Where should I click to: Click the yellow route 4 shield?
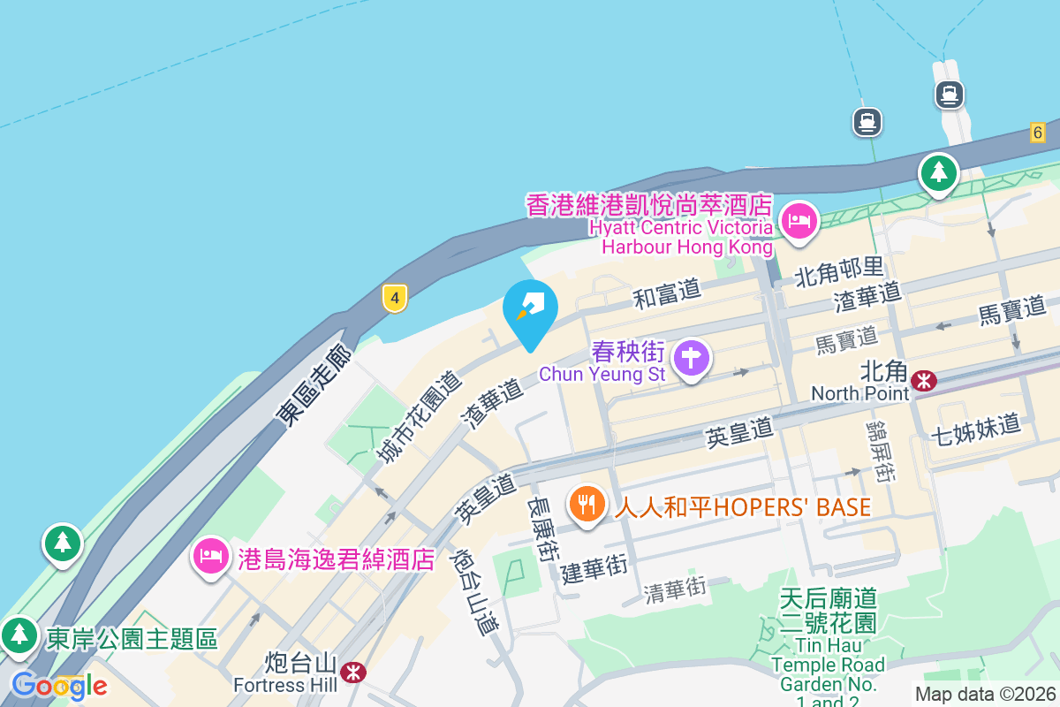395,299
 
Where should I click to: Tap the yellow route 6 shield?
1037,133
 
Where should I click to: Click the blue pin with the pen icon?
530,309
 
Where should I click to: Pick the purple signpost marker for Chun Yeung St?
692,359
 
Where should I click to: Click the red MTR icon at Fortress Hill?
353,673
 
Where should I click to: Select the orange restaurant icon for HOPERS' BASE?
586,505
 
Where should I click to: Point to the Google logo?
58,686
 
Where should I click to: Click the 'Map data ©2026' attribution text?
985,695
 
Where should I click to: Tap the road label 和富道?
666,293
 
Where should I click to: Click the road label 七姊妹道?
976,430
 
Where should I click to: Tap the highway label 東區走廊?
314,387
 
